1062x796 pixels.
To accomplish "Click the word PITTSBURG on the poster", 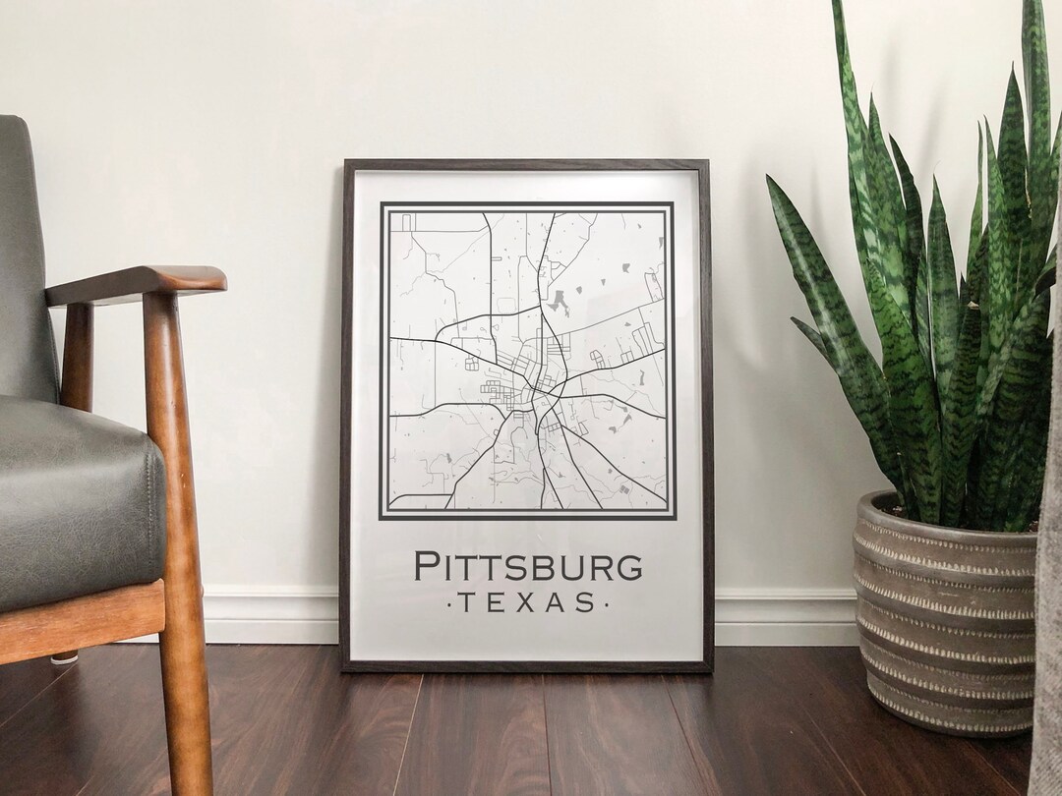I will click(528, 567).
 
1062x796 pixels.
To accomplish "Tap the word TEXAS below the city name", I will click(528, 601).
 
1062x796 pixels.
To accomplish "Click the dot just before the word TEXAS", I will click(449, 602).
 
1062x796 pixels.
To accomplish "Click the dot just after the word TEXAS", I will click(608, 602).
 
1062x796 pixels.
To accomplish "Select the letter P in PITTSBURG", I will click(426, 567).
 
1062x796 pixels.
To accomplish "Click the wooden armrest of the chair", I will click(138, 284).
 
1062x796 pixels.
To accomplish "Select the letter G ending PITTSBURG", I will click(629, 567).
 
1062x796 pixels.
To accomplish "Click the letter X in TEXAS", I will click(528, 601).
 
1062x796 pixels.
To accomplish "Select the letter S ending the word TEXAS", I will click(587, 601).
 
